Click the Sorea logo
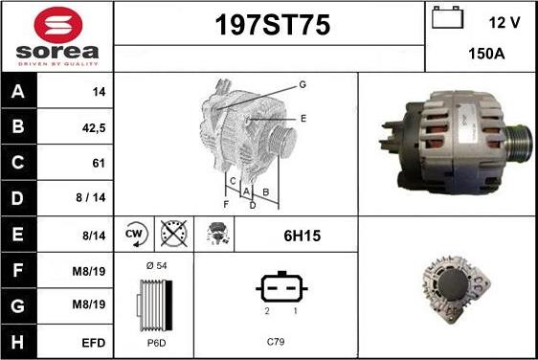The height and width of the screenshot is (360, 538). [x=56, y=35]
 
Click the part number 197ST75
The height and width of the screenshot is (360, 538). [x=269, y=27]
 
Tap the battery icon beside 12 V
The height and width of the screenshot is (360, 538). [x=447, y=18]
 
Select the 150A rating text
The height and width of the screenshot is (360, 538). [x=487, y=55]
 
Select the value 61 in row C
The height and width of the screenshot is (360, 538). [x=98, y=163]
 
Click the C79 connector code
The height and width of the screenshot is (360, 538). [x=276, y=341]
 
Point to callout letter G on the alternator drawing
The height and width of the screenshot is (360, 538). [x=303, y=85]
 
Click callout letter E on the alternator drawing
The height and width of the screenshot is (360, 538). [x=303, y=119]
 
